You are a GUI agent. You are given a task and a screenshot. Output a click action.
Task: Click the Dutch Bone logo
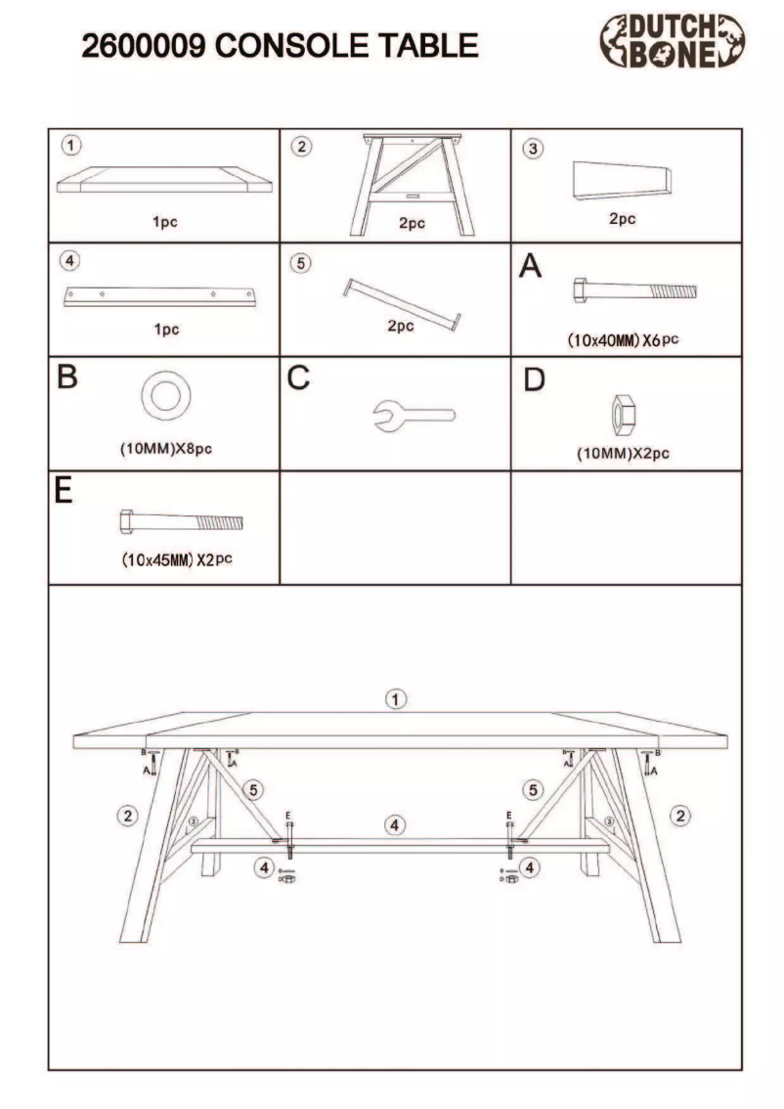pos(672,42)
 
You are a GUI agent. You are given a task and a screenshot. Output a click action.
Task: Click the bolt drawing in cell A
pos(634,290)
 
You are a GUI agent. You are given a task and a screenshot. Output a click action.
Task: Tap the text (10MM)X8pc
pos(165,451)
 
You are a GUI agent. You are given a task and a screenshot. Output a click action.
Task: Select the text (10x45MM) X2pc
pos(177,561)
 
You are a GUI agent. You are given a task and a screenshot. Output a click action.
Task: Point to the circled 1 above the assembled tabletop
pos(395,699)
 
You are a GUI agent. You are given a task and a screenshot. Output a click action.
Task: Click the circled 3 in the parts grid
pos(533,149)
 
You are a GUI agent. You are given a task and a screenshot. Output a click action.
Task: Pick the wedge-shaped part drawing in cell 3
pos(622,181)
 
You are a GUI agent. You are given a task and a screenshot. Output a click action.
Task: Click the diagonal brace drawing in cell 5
pos(402,304)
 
